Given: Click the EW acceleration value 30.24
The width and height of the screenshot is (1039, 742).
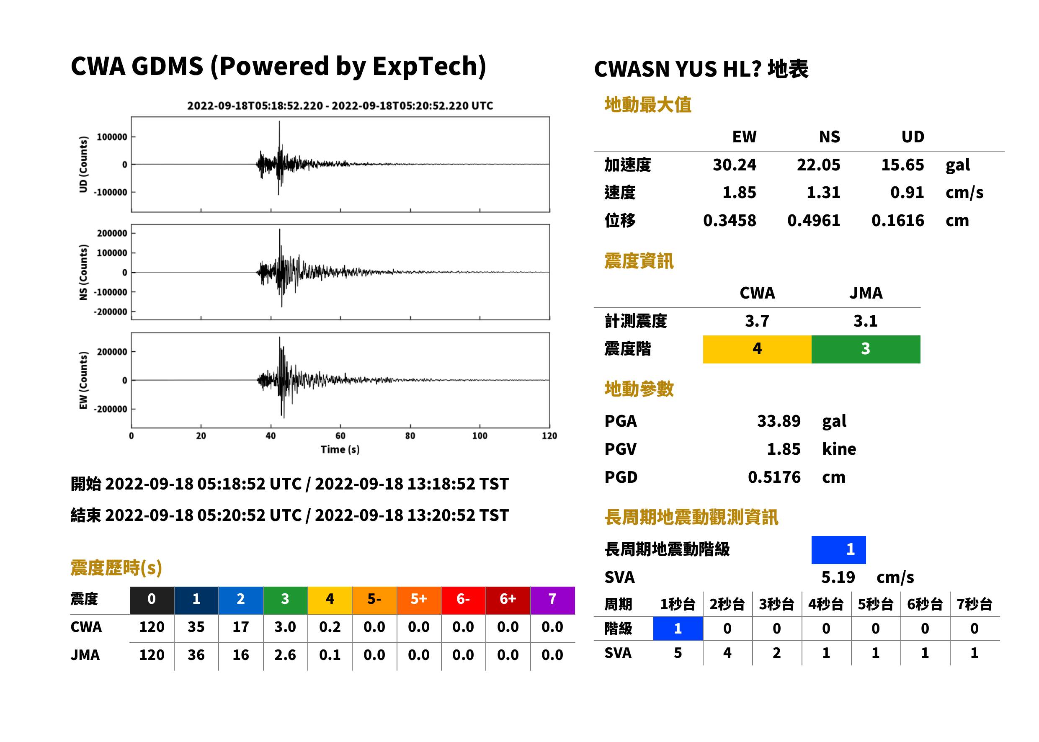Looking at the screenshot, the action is (x=734, y=165).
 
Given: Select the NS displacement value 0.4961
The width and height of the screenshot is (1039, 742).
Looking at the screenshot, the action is (x=814, y=221).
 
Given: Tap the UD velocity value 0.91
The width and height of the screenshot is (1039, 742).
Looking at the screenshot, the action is (x=907, y=192).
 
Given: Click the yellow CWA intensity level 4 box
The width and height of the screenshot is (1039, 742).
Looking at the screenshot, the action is (x=757, y=349).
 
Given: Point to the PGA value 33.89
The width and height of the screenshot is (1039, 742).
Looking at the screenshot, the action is (x=779, y=421).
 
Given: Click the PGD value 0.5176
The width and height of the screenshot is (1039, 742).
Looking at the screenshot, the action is (x=774, y=477).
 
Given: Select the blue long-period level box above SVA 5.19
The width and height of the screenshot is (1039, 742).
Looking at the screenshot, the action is (x=838, y=550).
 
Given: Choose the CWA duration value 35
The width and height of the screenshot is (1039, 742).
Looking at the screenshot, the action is (x=196, y=627).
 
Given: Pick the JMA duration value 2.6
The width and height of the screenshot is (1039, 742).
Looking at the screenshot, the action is (x=285, y=655).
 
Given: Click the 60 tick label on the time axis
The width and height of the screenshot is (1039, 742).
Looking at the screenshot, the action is (x=340, y=436).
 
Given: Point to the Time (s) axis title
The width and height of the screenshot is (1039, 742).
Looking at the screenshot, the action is (x=340, y=450).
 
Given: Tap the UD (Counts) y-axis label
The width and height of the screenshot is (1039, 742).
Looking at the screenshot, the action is (x=83, y=165).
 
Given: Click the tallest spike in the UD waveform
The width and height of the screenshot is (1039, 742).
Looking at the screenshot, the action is (x=279, y=121).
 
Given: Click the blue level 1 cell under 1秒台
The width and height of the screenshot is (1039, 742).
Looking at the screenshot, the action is (x=678, y=628).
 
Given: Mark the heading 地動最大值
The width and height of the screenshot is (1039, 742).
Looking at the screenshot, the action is (x=648, y=105).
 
